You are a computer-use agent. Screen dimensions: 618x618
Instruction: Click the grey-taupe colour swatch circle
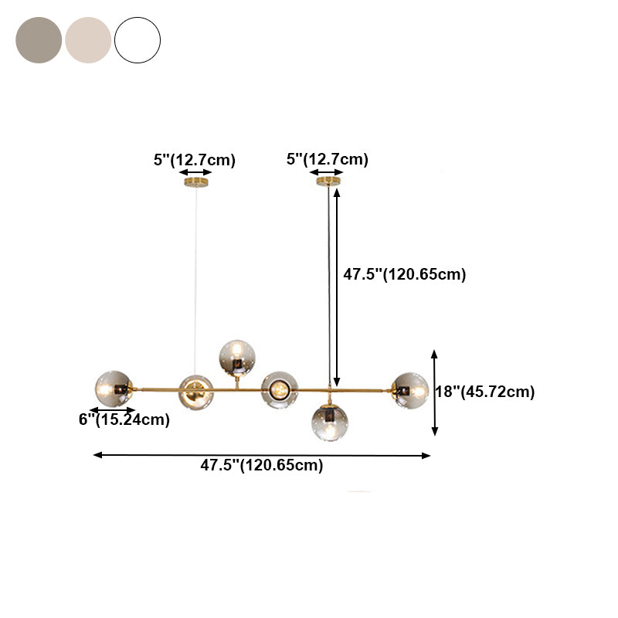click(x=39, y=40)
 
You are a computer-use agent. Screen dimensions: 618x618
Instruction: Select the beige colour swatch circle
click(x=88, y=40)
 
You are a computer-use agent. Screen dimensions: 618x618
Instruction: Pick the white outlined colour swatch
click(x=138, y=40)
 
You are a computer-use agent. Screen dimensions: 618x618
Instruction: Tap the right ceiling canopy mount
click(x=329, y=182)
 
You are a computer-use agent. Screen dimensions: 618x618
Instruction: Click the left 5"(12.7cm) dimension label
click(x=194, y=160)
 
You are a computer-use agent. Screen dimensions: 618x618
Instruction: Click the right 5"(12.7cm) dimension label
click(x=327, y=159)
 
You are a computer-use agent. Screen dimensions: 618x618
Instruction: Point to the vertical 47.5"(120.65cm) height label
click(x=404, y=274)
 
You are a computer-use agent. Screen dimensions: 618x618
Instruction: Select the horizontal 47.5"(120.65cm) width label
click(x=262, y=465)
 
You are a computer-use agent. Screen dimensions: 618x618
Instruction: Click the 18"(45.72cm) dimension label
click(x=484, y=392)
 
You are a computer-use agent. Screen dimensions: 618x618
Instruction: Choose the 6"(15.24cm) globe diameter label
click(x=124, y=419)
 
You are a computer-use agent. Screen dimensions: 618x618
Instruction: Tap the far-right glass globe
click(x=409, y=389)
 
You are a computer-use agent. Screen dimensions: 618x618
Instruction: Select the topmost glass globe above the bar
click(x=237, y=357)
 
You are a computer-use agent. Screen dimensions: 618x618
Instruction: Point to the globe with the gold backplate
click(x=196, y=391)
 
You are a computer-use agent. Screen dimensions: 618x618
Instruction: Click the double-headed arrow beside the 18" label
click(x=435, y=392)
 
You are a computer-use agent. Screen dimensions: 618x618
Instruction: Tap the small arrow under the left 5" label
click(x=195, y=173)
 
